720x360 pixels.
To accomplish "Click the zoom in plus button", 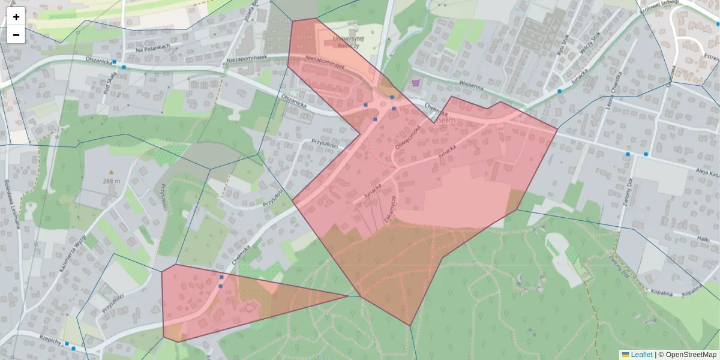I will click(16, 17).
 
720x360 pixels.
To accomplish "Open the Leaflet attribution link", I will click(640, 355).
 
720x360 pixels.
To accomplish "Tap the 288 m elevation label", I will click(112, 181).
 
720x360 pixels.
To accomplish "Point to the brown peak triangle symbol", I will click(111, 172).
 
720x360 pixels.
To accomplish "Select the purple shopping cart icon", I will click(416, 82).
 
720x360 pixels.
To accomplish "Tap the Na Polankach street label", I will click(154, 48).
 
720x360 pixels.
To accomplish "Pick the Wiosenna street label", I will click(471, 86).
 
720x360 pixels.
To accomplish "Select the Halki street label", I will click(703, 238).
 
